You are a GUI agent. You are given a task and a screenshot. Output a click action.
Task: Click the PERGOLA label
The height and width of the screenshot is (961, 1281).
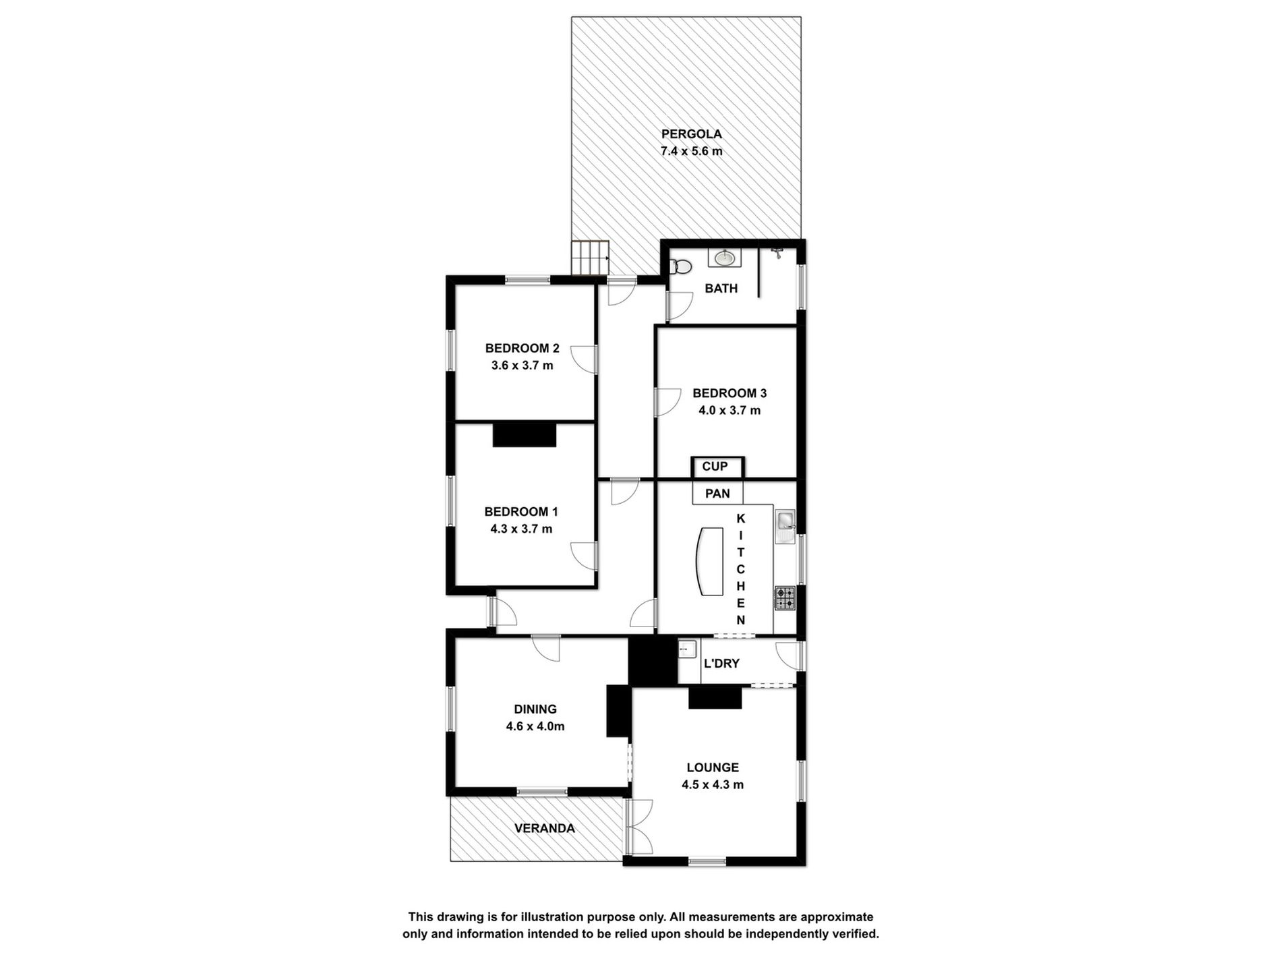(691, 134)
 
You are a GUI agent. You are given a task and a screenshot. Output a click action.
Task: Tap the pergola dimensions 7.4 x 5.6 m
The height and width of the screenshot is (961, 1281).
(691, 152)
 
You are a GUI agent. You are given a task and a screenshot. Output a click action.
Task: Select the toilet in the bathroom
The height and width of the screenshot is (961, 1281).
(682, 267)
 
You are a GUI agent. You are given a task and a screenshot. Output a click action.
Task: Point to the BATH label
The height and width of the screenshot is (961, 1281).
(721, 289)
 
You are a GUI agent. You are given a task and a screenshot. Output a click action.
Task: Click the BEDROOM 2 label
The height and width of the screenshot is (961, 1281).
(522, 349)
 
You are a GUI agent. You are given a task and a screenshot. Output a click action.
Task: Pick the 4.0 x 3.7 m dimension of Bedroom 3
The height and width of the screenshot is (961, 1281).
(729, 411)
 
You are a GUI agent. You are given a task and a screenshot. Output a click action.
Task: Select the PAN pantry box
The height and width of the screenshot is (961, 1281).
(717, 494)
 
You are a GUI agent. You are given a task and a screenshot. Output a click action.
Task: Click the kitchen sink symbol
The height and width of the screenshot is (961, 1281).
(785, 521)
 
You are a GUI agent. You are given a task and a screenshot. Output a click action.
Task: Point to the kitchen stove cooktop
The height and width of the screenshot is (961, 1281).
(785, 598)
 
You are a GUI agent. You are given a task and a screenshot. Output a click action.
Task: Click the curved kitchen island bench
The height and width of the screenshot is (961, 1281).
(709, 561)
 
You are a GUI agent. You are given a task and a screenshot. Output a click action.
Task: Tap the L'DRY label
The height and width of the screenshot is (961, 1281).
(721, 664)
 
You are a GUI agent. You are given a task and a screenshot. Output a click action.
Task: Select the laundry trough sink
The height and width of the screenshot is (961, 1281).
(687, 650)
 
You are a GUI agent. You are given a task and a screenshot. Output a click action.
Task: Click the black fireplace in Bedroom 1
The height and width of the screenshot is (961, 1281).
(525, 435)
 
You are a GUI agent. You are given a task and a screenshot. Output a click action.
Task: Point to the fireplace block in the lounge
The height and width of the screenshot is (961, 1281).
(715, 698)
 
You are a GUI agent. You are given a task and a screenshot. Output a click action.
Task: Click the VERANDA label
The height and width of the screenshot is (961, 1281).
(544, 828)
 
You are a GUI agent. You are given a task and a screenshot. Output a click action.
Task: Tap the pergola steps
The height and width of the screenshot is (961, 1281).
(591, 259)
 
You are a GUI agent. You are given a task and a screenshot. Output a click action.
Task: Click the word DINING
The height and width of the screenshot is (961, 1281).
(535, 709)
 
